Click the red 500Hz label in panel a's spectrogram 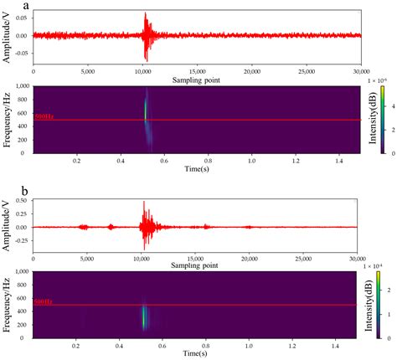point(43,116)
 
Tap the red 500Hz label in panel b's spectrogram point(43,301)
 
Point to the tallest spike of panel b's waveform point(145,203)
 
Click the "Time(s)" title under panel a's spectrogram point(198,168)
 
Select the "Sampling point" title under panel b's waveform point(198,266)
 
